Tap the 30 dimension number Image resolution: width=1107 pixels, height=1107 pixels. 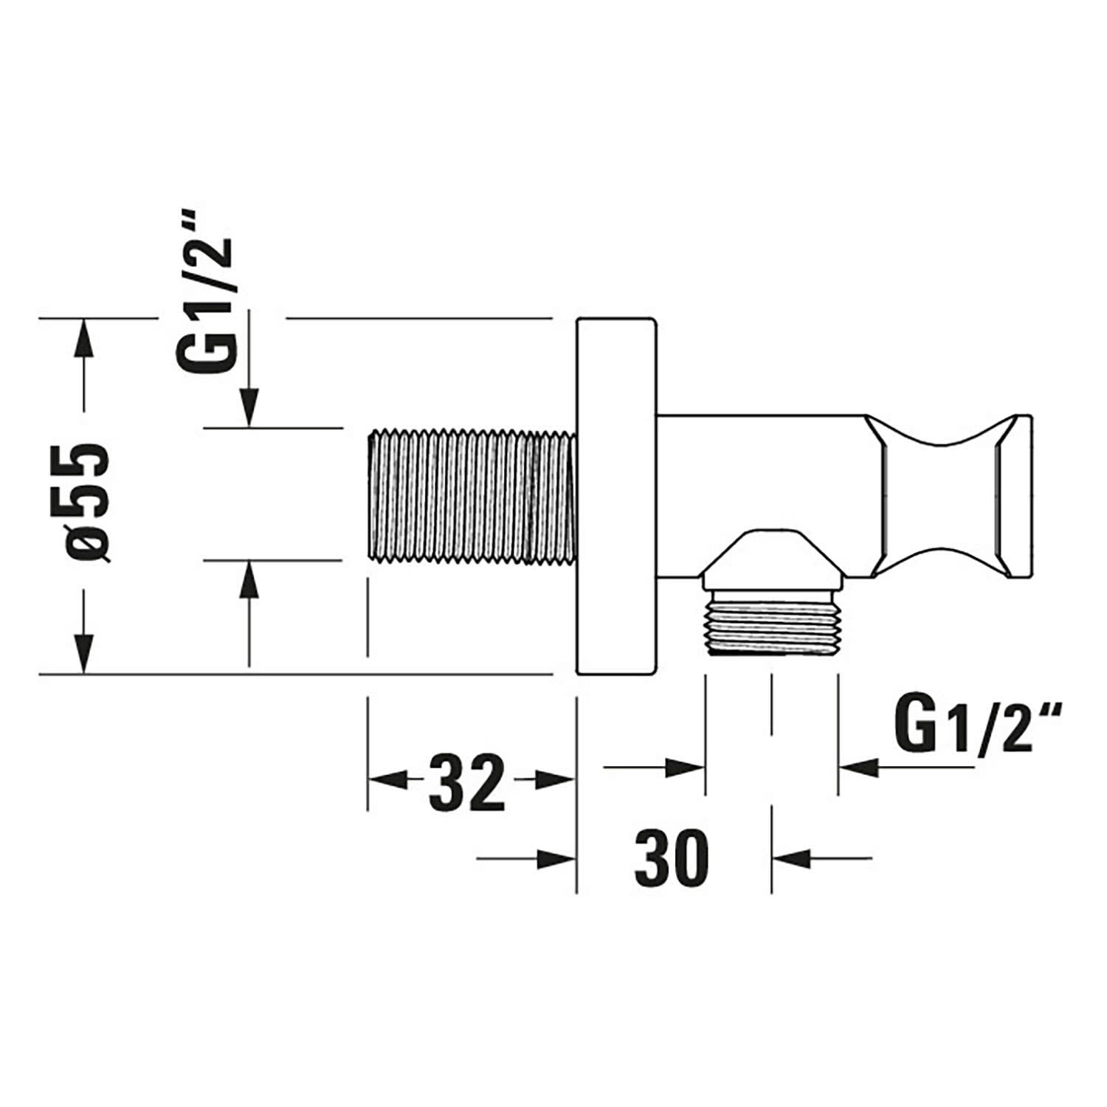[671, 857]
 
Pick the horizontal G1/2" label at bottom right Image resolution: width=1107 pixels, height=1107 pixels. [977, 726]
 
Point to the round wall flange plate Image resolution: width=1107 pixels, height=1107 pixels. [616, 496]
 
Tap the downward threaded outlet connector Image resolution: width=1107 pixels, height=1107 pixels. [771, 622]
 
